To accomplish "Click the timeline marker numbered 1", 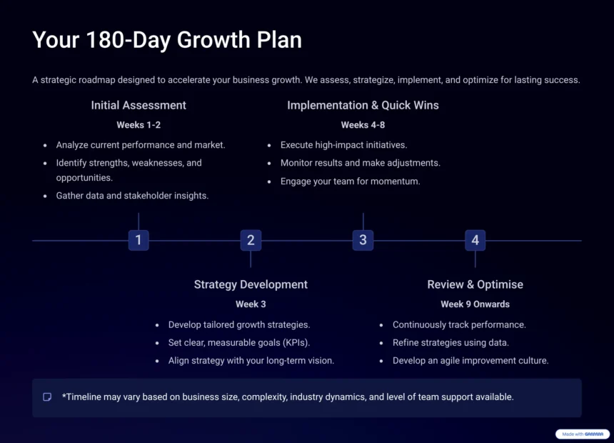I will [x=139, y=240].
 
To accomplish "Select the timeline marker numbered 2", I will [x=251, y=240].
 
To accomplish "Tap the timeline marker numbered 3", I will [x=363, y=240].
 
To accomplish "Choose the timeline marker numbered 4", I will [x=475, y=240].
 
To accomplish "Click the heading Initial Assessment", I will [x=139, y=105].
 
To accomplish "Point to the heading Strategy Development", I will [x=251, y=284].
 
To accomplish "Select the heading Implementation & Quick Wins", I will [x=363, y=105].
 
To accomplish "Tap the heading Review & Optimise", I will [x=475, y=284].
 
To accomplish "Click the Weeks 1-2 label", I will [x=139, y=125].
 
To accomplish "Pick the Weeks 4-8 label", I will [x=363, y=125].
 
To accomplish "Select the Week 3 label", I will [x=251, y=304].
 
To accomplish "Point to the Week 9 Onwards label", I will [x=475, y=304].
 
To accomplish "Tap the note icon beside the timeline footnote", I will [x=47, y=397].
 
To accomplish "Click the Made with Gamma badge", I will [x=583, y=434].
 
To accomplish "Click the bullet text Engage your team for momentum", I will [x=350, y=181].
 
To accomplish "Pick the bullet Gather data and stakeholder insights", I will [x=132, y=196].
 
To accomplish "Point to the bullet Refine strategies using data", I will [x=451, y=343].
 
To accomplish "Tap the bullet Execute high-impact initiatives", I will [x=343, y=145].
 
